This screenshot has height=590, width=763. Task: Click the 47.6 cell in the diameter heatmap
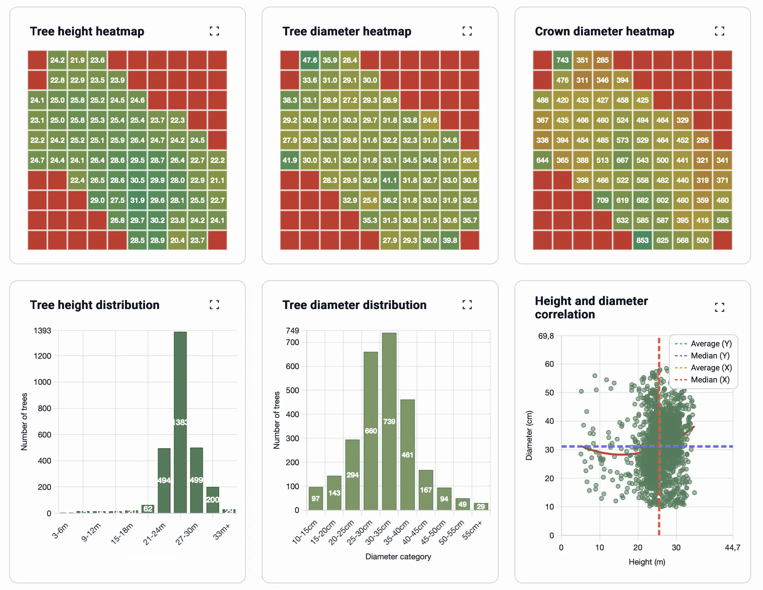click(x=309, y=60)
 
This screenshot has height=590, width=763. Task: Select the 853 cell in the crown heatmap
click(x=642, y=241)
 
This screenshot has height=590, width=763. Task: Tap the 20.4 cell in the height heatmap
click(x=177, y=241)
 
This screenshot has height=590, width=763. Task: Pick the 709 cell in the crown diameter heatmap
click(x=602, y=200)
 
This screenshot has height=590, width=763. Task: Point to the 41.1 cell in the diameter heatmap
click(x=390, y=180)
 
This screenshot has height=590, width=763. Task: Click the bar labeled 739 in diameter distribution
click(x=389, y=421)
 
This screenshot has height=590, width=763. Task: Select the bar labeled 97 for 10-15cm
click(x=316, y=499)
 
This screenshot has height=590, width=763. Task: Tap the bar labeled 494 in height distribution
click(x=164, y=481)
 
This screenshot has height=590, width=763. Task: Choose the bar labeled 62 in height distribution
click(x=148, y=509)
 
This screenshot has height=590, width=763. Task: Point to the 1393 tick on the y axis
click(x=42, y=331)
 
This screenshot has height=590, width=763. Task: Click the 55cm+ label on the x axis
click(x=473, y=530)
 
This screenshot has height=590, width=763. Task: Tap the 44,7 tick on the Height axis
click(x=732, y=547)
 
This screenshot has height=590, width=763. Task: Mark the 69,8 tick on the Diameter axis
click(x=546, y=336)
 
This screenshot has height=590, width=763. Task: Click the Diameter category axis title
click(x=398, y=556)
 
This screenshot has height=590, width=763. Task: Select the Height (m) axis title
click(x=647, y=562)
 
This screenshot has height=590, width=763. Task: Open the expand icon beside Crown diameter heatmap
click(x=719, y=31)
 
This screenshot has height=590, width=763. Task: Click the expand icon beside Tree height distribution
click(x=214, y=305)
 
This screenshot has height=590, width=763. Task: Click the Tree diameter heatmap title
click(x=346, y=31)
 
